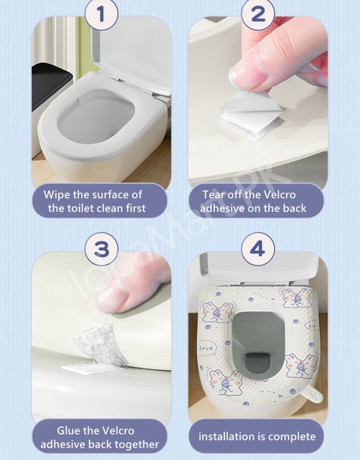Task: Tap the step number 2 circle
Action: point(258,14)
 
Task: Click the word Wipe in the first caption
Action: point(57,195)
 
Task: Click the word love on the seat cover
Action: point(206,348)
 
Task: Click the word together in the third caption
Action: point(136,444)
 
